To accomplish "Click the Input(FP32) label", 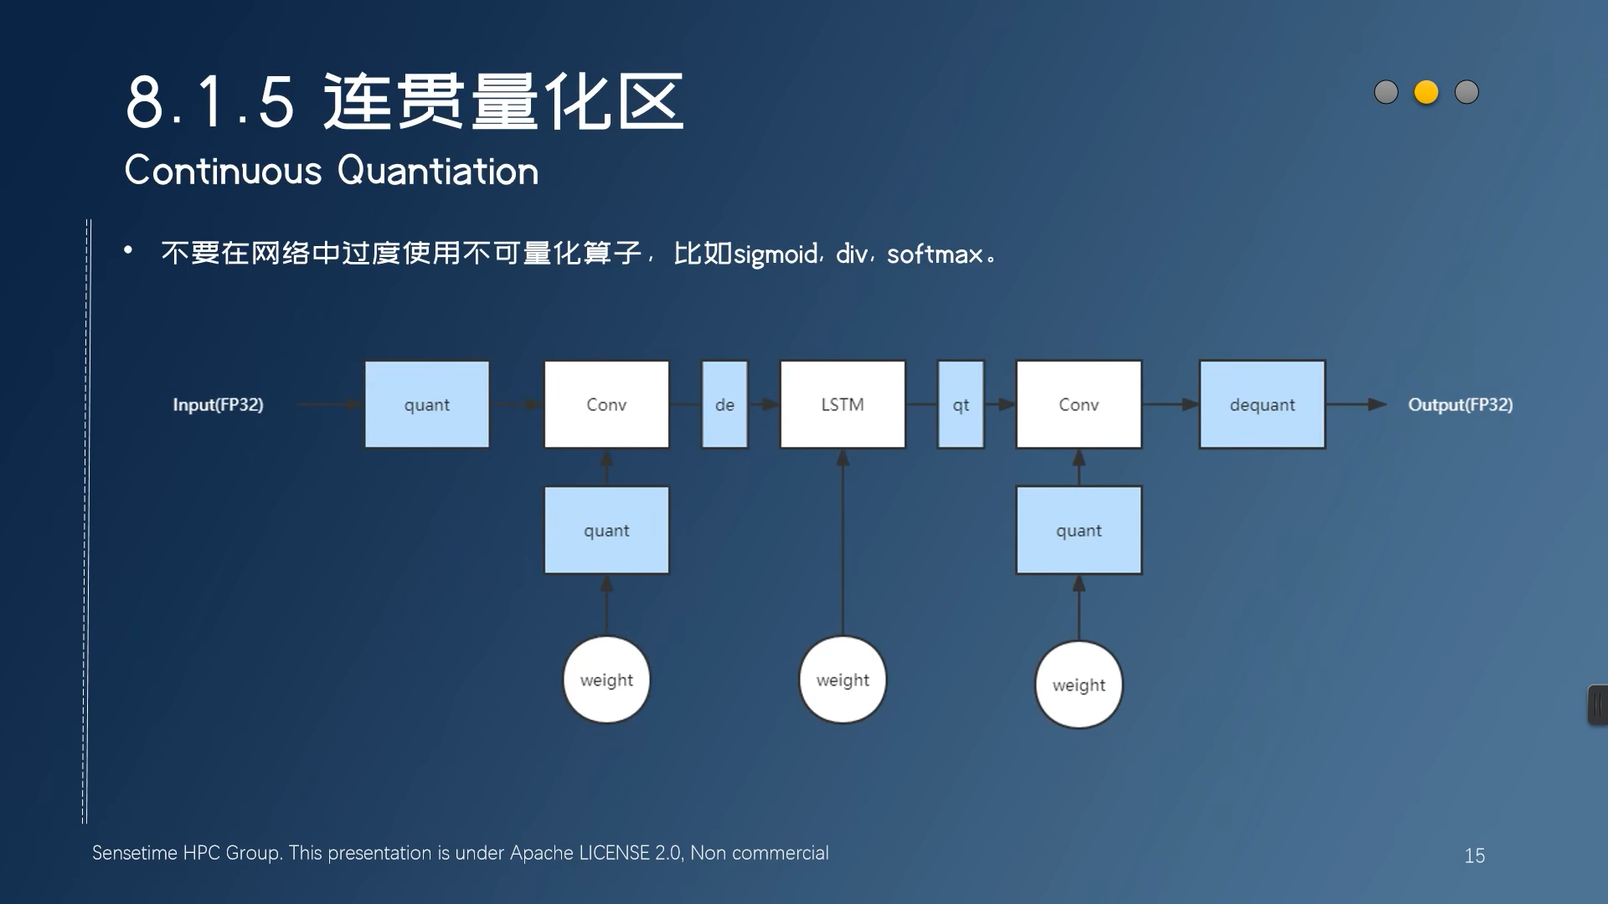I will click(x=218, y=405).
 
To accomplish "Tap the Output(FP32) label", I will click(x=1460, y=405).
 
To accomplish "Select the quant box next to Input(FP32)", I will click(x=427, y=405).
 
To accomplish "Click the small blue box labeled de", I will click(x=724, y=405).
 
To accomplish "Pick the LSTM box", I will click(x=843, y=405).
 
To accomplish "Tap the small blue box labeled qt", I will click(x=961, y=405).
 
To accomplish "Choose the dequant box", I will click(x=1262, y=405).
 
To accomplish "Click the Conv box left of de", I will click(x=606, y=405).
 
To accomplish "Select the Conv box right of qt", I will click(x=1079, y=405).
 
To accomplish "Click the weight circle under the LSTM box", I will click(x=843, y=680).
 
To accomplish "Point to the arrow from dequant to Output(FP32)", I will click(x=1355, y=405).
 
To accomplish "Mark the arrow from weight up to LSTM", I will click(x=843, y=544).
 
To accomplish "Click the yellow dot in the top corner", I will click(x=1426, y=92).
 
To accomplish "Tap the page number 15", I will click(x=1474, y=855).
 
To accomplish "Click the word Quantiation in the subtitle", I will click(x=438, y=172).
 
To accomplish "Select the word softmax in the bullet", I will click(x=935, y=254).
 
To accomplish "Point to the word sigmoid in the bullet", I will click(x=776, y=254).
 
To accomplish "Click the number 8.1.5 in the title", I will click(x=210, y=102).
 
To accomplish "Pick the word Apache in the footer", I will click(x=541, y=853).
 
